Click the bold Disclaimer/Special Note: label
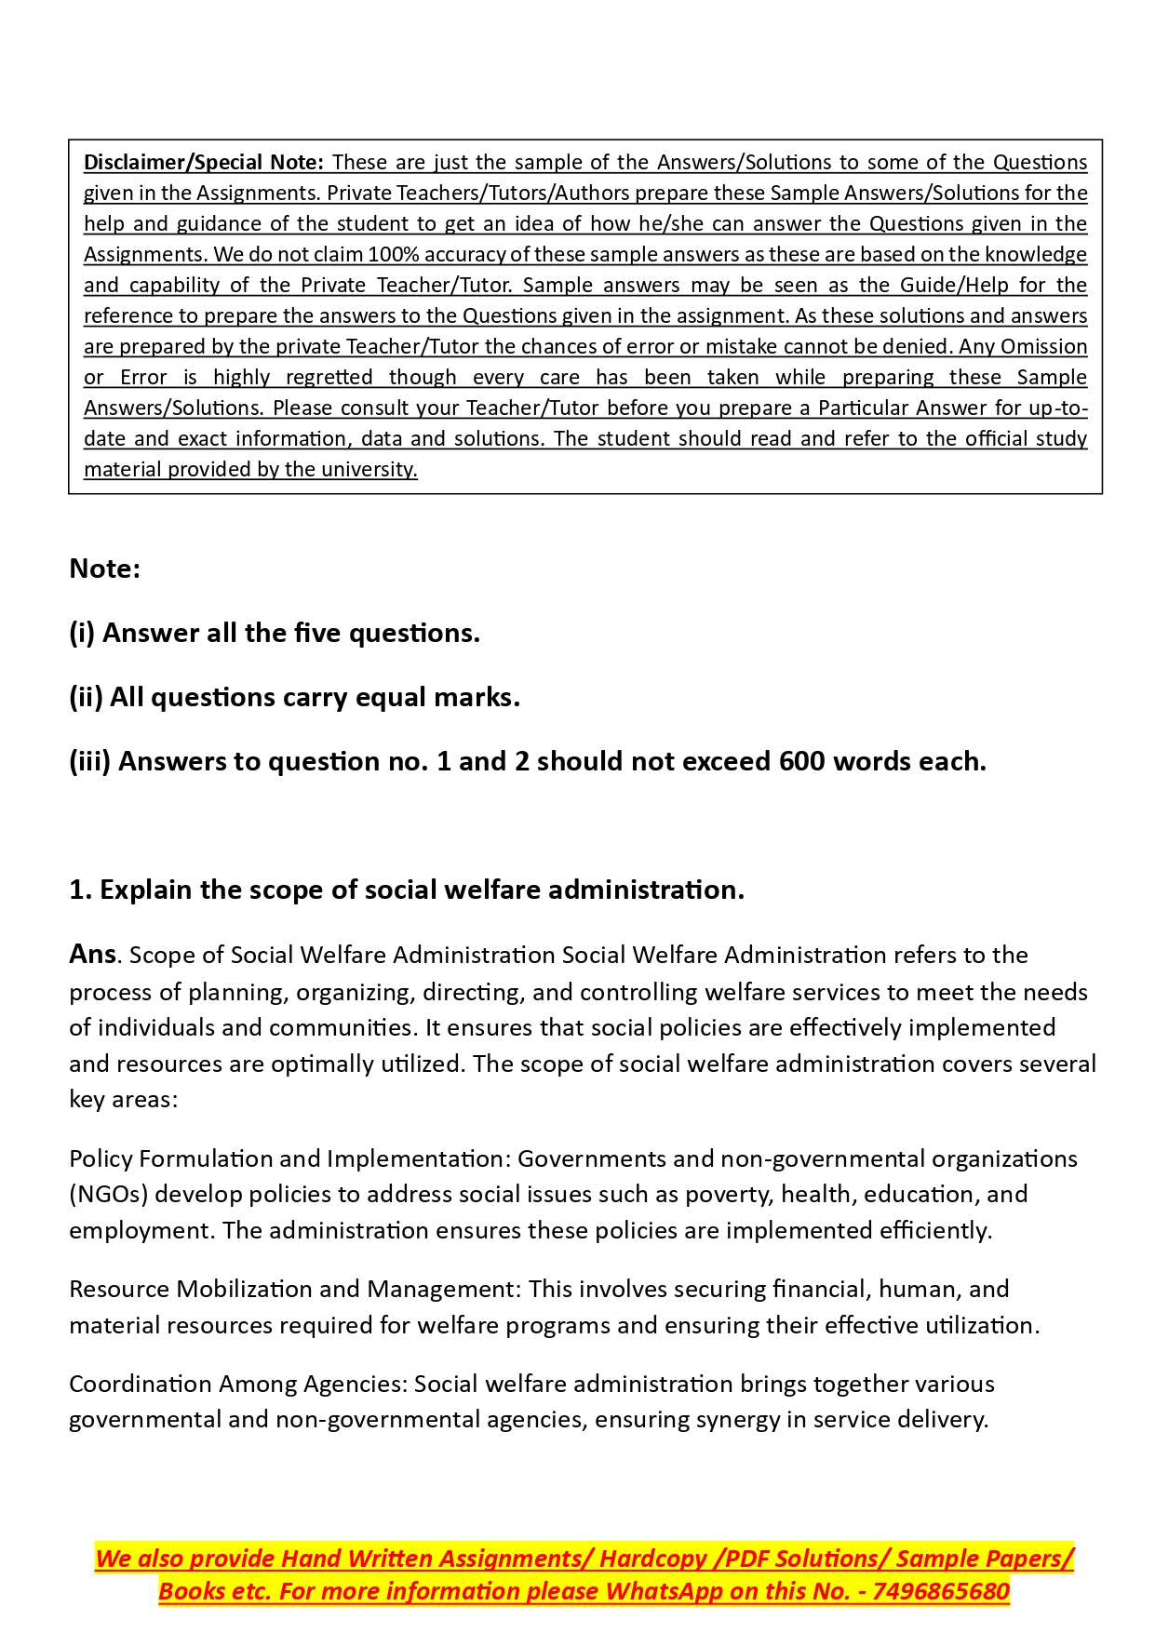point(203,162)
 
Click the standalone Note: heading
point(104,569)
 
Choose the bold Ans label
point(92,955)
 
